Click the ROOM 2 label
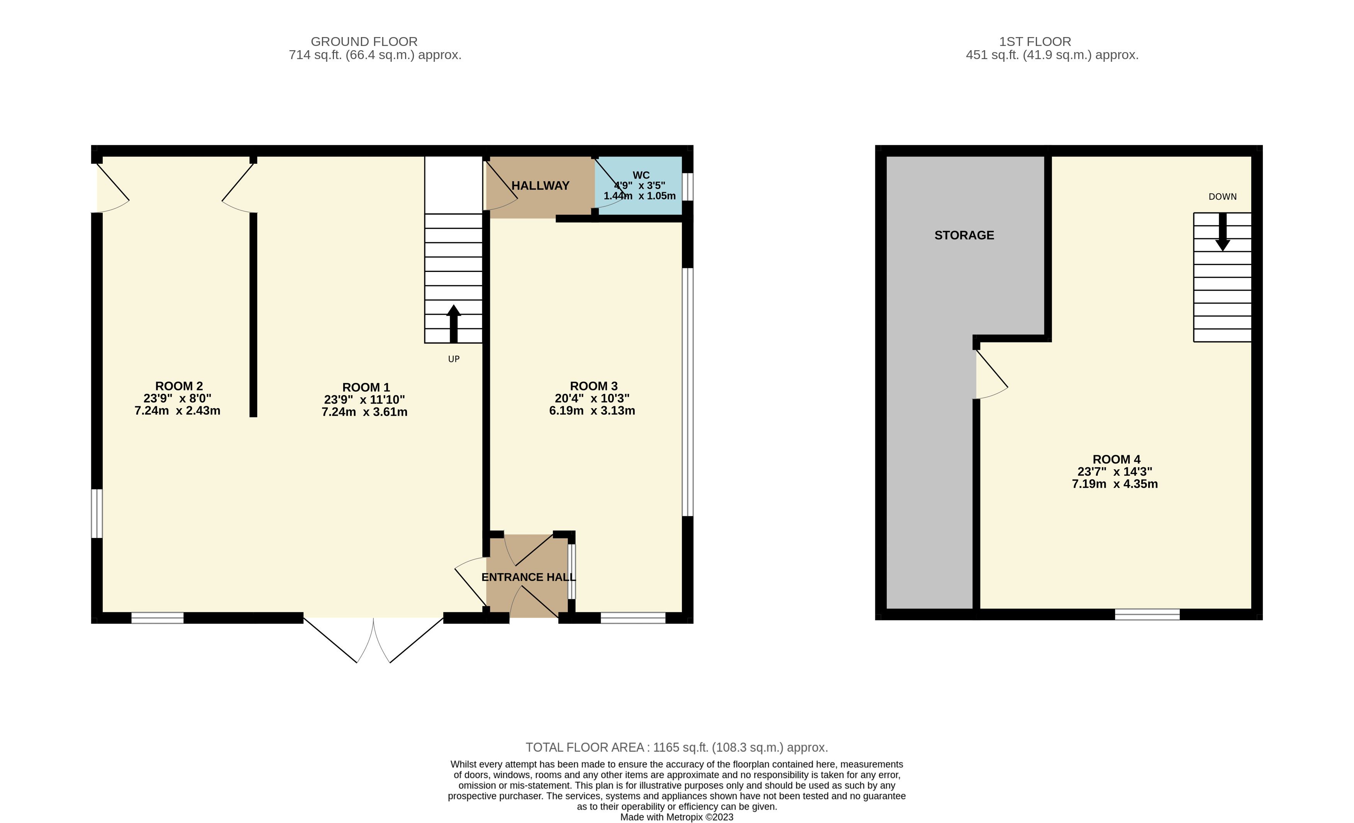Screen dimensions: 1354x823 pyautogui.click(x=179, y=386)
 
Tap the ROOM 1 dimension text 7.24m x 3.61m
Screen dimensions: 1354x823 pyautogui.click(x=364, y=412)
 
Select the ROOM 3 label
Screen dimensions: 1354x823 pyautogui.click(x=593, y=386)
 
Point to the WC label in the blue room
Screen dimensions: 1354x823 pyautogui.click(x=641, y=175)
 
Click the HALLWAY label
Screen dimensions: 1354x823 pyautogui.click(x=540, y=186)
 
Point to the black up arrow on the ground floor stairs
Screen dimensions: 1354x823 pyautogui.click(x=453, y=324)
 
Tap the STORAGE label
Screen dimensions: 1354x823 pyautogui.click(x=964, y=235)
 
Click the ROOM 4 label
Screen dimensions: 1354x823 pyautogui.click(x=1116, y=459)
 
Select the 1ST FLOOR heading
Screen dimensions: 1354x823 pyautogui.click(x=1035, y=42)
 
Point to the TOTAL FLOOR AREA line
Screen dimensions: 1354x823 pyautogui.click(x=676, y=747)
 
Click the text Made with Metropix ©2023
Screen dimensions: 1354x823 pyautogui.click(x=676, y=817)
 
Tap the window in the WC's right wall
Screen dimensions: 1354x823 pyautogui.click(x=688, y=187)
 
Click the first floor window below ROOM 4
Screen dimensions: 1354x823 pyautogui.click(x=1147, y=614)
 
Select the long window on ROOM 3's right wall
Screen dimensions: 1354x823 pyautogui.click(x=688, y=392)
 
